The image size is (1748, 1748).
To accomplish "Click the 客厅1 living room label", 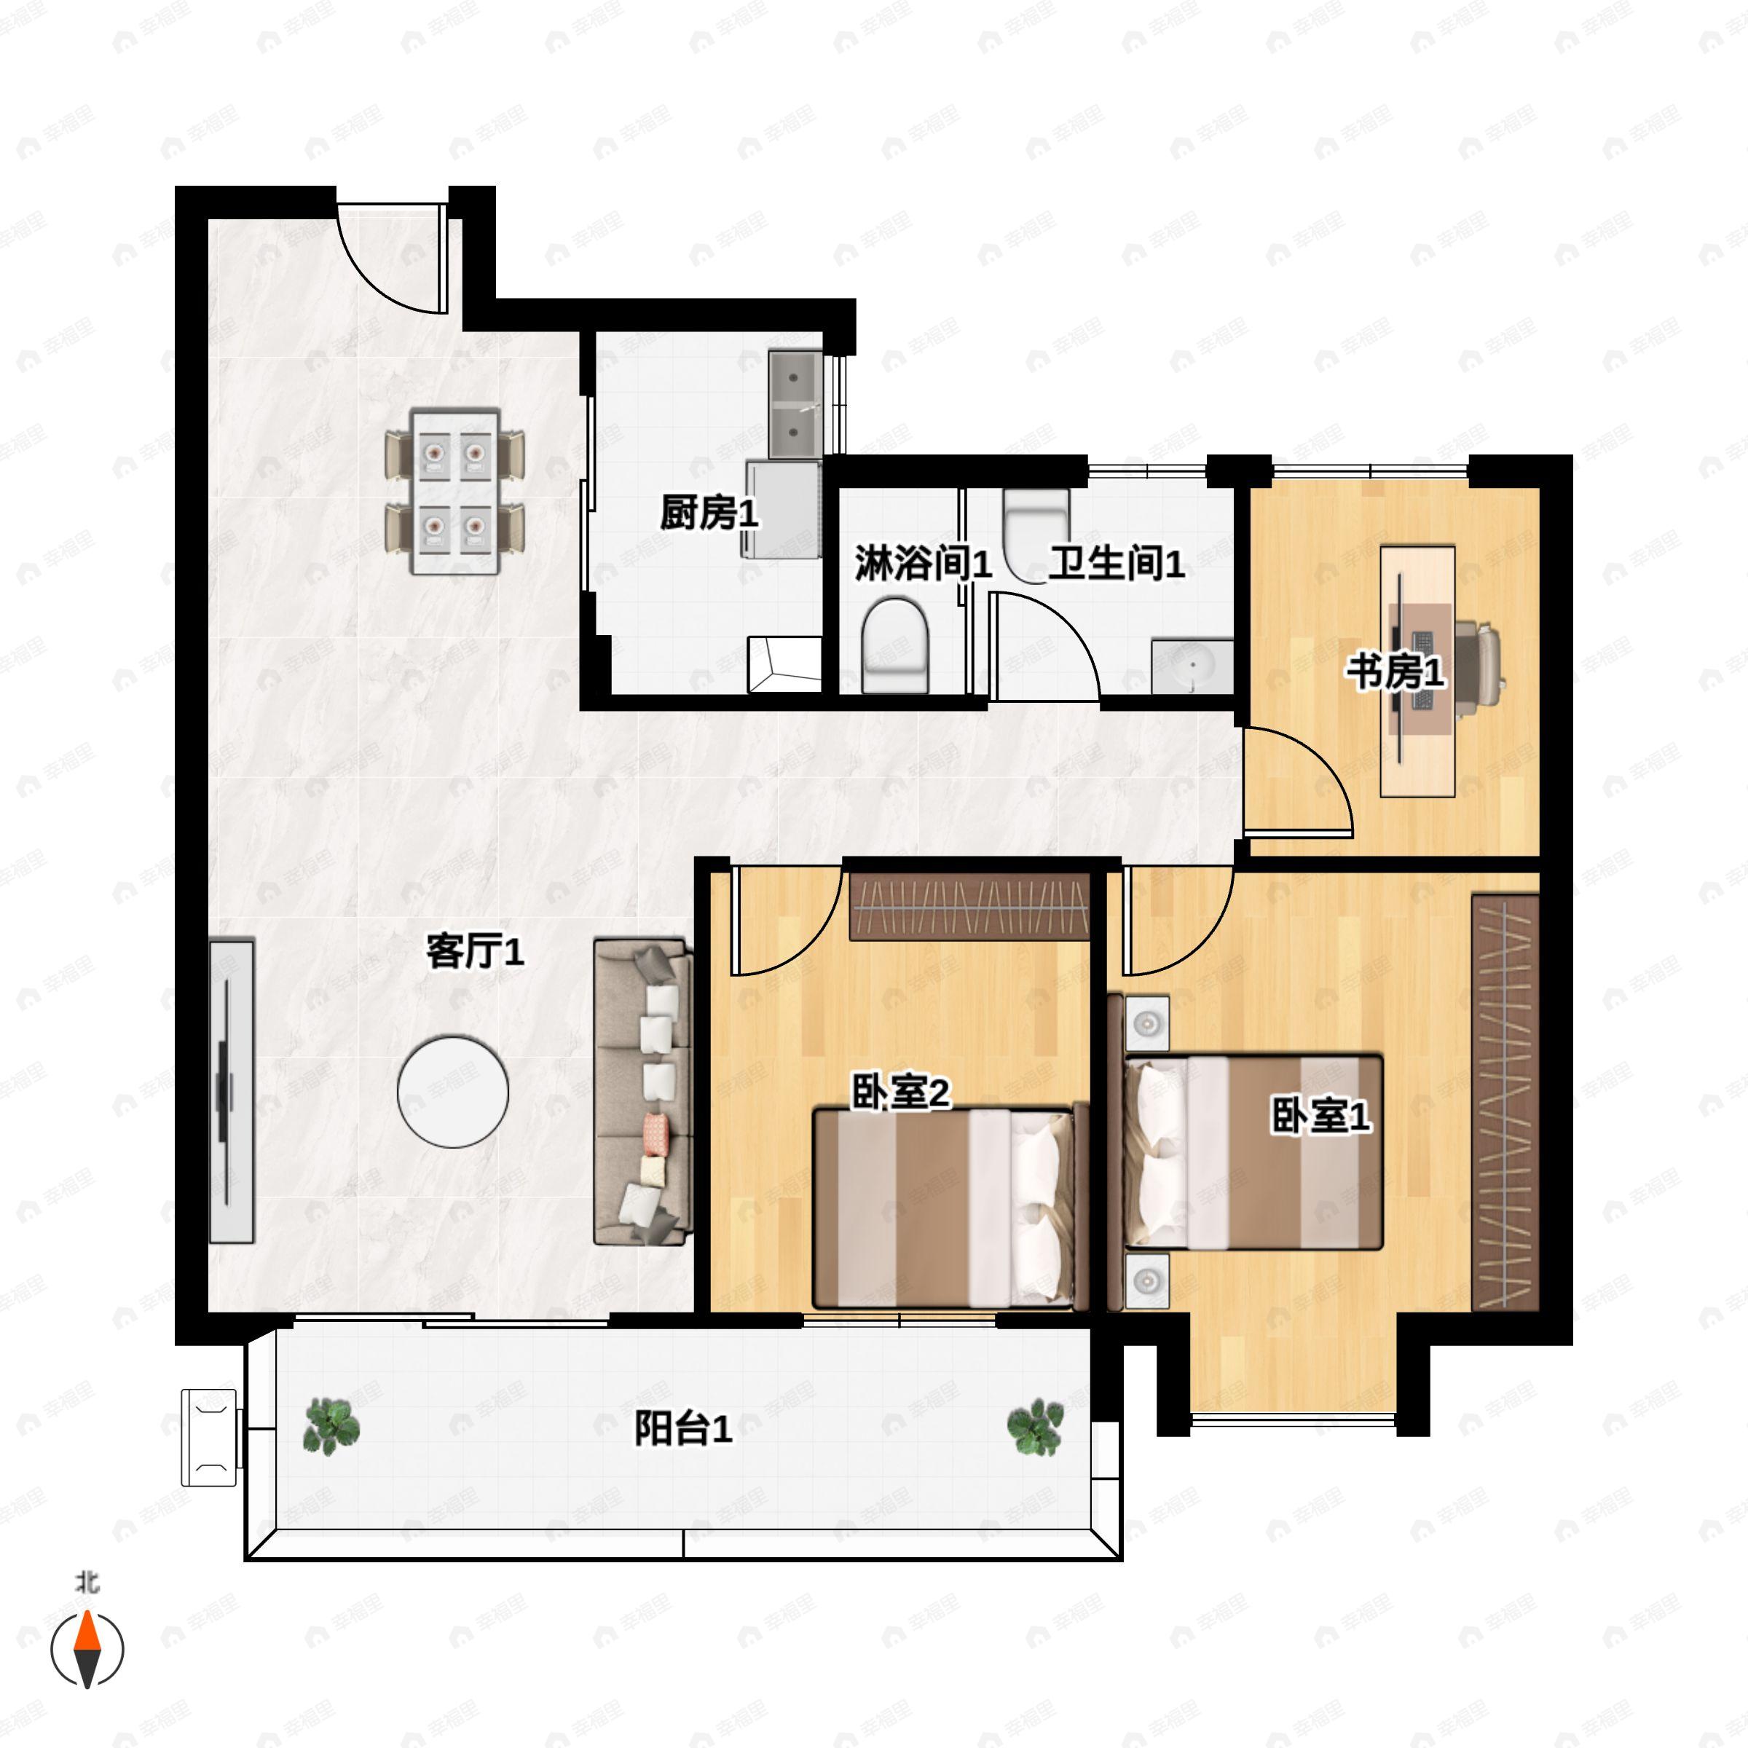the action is pos(475,952).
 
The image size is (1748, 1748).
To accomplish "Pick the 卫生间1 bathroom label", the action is pos(1117,563).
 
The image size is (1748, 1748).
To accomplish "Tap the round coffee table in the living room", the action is pos(452,1092).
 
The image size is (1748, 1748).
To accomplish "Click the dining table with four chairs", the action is pos(455,492).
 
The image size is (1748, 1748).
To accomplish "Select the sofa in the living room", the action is pos(642,1092).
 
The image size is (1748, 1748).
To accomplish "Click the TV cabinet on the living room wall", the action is pos(232,1091).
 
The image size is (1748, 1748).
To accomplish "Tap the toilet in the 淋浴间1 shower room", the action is pos(895,645).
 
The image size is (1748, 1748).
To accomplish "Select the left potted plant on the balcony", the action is pos(331,1425).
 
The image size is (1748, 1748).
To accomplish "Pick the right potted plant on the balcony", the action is pos(1035,1426).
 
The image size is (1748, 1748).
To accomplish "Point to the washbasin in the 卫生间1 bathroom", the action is pos(1192,667).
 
